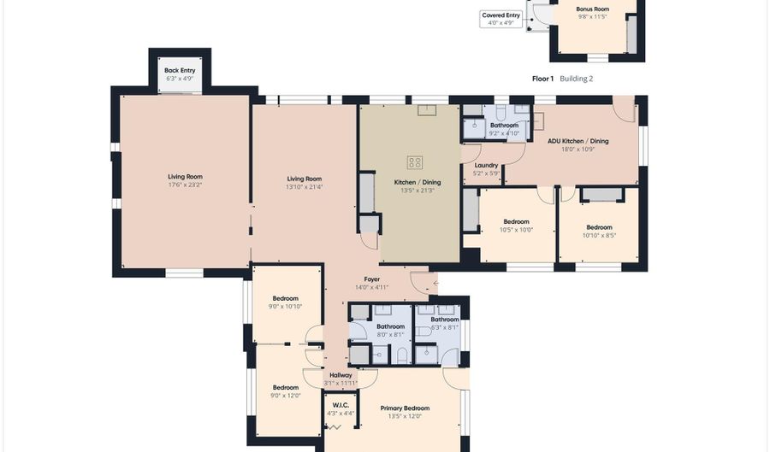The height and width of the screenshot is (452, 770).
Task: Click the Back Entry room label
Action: [180, 71]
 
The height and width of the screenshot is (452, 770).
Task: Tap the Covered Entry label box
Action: [500, 19]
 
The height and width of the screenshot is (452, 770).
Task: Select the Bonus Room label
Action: [592, 9]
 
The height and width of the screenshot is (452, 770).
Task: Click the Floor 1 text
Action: [542, 79]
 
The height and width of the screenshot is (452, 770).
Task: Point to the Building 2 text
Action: [577, 79]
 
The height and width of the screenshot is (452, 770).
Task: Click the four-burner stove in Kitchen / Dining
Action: [415, 162]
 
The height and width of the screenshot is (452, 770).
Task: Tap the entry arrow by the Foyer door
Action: [435, 284]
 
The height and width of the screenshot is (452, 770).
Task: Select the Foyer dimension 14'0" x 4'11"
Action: [372, 287]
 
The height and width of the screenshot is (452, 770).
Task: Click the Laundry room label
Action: [486, 165]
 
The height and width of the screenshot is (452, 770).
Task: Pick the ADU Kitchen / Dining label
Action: [578, 141]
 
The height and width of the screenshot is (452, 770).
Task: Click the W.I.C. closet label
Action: [341, 405]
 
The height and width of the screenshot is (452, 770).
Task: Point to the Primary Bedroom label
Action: [406, 408]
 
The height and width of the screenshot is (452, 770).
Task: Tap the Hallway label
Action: [341, 375]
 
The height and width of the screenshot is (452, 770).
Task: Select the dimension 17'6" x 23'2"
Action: [185, 185]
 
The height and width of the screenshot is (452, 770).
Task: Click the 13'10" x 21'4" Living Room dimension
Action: [305, 187]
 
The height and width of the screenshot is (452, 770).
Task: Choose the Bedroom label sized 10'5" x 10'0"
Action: [516, 221]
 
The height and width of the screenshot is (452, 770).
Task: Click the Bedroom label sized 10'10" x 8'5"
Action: [599, 227]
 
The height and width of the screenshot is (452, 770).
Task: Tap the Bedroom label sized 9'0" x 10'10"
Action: [285, 298]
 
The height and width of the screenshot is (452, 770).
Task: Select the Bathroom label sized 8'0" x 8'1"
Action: [391, 326]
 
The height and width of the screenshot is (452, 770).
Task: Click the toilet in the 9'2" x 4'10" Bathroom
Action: [500, 112]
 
